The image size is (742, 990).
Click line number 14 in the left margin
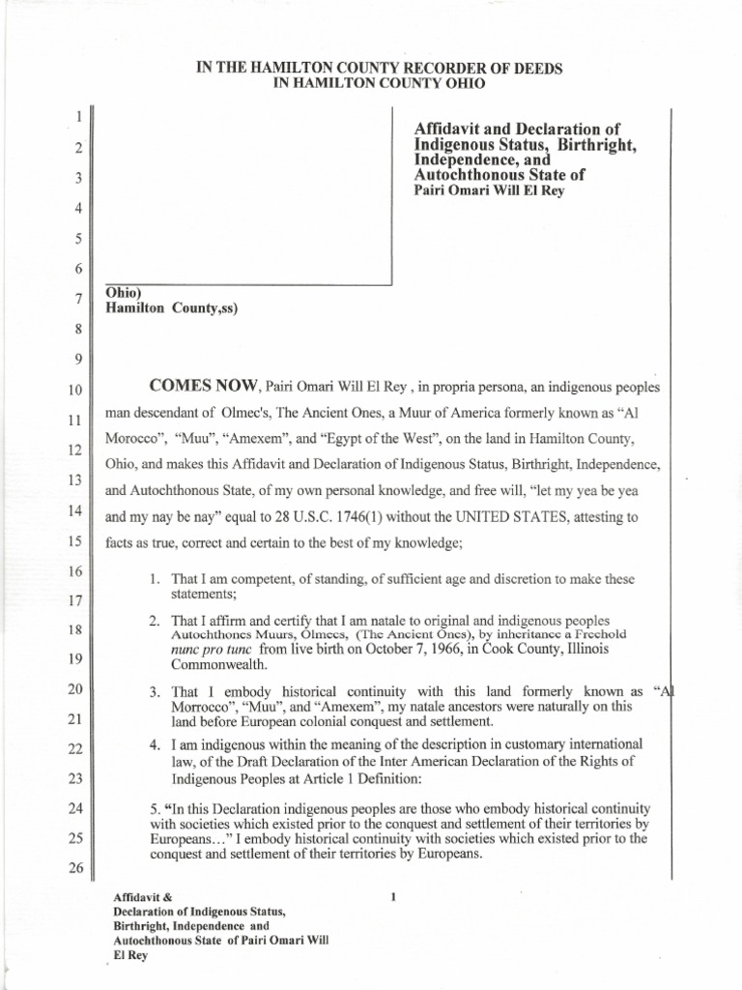click(x=71, y=511)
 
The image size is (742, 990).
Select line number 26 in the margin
click(x=71, y=867)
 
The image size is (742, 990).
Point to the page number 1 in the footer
click(x=393, y=897)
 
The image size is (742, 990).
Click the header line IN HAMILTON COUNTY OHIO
click(x=379, y=84)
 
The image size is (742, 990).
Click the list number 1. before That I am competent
click(x=156, y=579)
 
